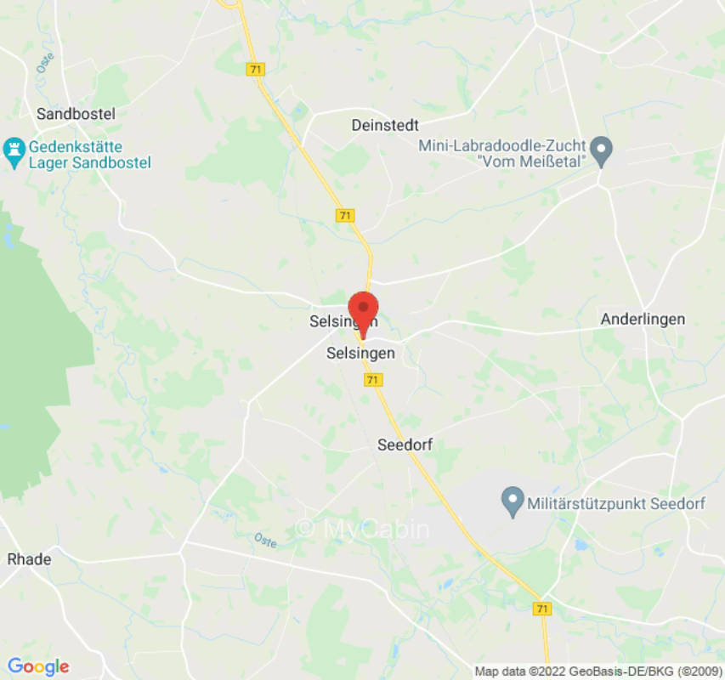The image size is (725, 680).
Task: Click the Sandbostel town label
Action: click(x=76, y=113)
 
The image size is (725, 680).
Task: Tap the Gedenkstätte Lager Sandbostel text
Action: click(x=88, y=154)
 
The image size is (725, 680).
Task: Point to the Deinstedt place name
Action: click(x=385, y=125)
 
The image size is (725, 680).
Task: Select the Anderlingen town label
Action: click(x=643, y=320)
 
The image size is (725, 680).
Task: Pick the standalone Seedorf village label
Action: click(x=405, y=445)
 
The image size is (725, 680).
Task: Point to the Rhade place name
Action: click(x=29, y=559)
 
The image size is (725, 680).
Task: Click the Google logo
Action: click(x=37, y=666)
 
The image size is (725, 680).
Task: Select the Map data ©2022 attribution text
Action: click(x=597, y=671)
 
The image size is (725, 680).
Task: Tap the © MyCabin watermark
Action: click(x=363, y=529)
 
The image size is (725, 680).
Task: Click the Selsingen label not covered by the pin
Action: click(x=360, y=353)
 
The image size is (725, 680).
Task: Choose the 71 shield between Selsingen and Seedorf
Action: click(x=372, y=380)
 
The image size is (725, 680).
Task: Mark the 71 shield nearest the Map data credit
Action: click(x=541, y=609)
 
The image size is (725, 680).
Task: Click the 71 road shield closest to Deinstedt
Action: click(x=344, y=216)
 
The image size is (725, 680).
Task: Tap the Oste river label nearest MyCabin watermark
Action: click(x=264, y=540)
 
